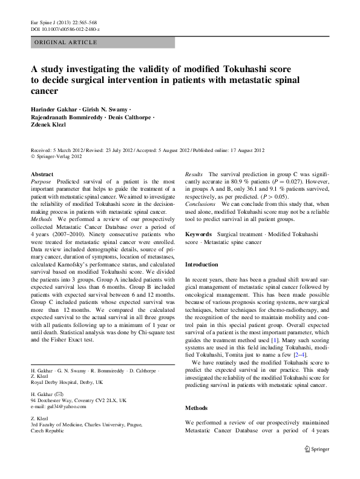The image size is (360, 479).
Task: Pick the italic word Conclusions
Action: tap(200, 203)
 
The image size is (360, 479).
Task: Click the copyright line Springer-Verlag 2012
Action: tap(61, 156)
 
